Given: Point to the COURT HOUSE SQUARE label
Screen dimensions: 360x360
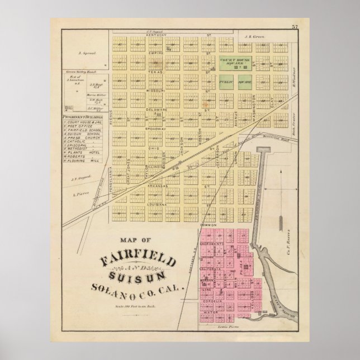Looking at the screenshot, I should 234,60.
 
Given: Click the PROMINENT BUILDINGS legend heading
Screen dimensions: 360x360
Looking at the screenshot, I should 84,117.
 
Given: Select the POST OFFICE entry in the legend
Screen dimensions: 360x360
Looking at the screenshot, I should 78,126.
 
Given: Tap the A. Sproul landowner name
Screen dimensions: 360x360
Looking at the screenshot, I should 88,54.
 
